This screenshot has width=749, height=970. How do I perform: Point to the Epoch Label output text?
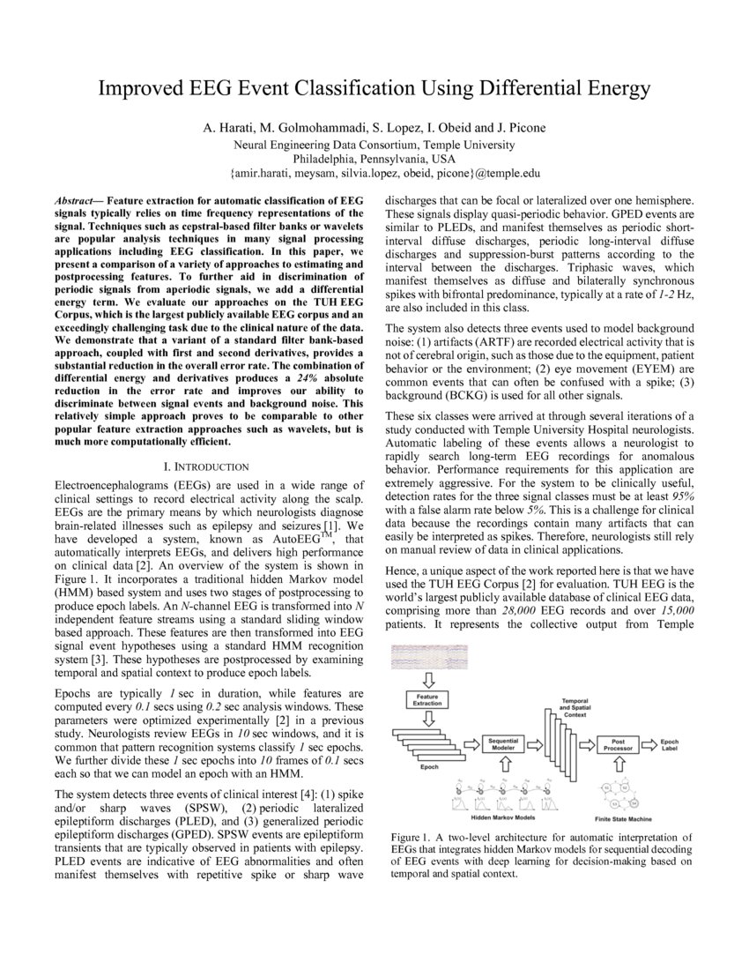point(671,745)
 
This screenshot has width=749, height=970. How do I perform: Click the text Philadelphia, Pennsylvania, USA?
point(374,159)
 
